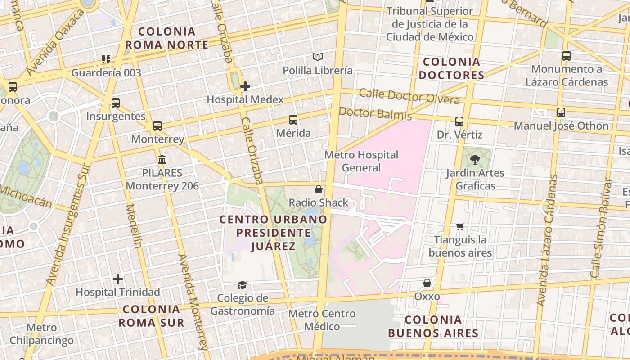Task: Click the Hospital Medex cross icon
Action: [245, 86]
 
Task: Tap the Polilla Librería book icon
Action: [318, 57]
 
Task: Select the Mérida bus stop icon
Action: [293, 120]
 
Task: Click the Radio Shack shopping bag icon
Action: [319, 189]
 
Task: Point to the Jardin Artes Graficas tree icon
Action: [475, 159]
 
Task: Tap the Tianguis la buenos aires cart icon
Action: [460, 226]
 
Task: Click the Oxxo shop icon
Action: [427, 283]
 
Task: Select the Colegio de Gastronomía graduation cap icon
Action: [243, 285]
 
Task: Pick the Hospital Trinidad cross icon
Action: [118, 279]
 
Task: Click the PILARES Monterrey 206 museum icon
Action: [162, 159]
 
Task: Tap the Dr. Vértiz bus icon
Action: [459, 121]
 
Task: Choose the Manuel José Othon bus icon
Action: [561, 112]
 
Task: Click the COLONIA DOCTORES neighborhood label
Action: [451, 68]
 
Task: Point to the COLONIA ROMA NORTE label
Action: [167, 38]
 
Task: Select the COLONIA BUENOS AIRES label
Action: [433, 327]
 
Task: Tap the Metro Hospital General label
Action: [362, 162]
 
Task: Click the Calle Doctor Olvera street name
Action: [409, 97]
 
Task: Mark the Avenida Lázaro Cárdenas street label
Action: [546, 241]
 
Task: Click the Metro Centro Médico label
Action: [322, 320]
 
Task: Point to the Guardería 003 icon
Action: [106, 59]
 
